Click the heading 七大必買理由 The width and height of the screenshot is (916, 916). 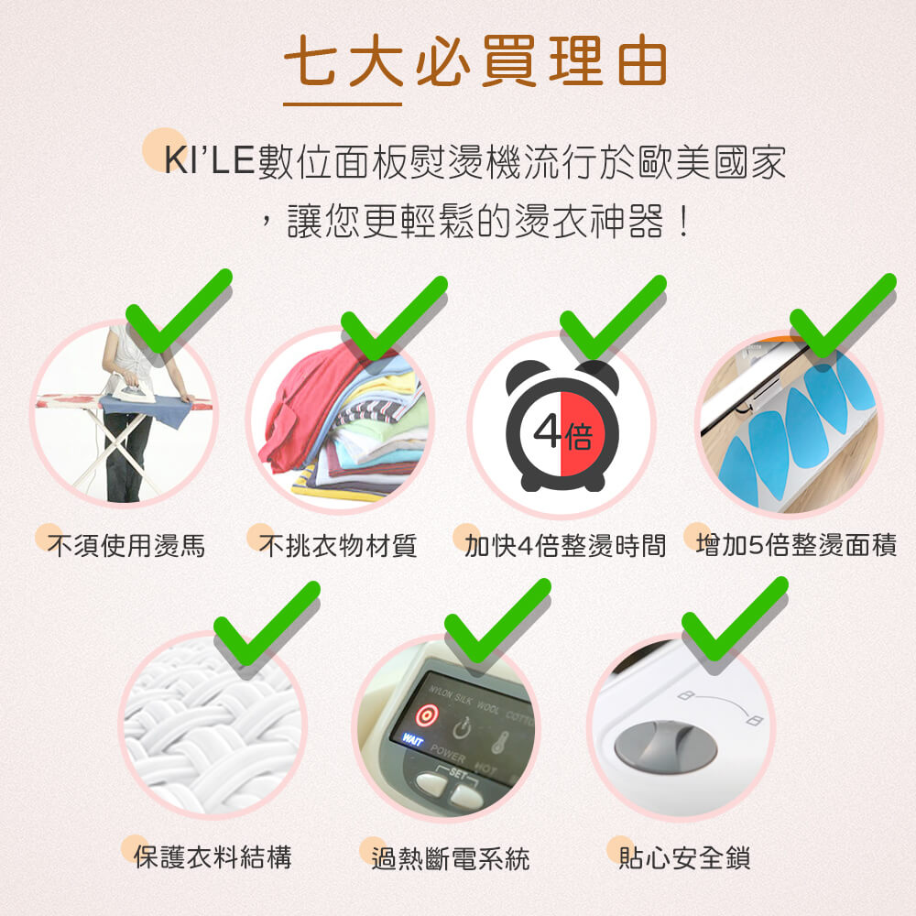474,61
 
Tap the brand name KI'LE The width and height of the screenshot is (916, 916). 209,159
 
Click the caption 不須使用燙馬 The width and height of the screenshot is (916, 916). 126,547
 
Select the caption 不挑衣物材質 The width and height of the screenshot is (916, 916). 338,547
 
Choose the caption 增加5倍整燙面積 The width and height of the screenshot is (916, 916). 796,547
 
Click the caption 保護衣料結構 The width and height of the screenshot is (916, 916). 213,857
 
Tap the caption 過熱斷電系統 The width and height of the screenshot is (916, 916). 450,858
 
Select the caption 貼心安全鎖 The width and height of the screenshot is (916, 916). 684,858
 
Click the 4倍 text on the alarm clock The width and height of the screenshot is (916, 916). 562,433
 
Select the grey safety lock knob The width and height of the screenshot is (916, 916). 665,743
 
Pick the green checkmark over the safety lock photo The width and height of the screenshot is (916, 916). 733,623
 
